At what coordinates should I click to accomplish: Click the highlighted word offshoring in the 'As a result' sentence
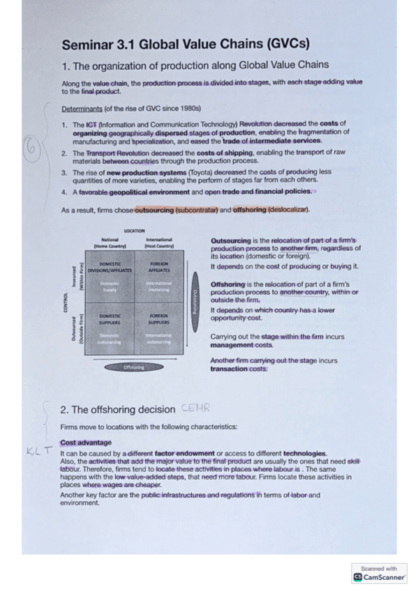(x=252, y=210)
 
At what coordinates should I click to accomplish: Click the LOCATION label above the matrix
(x=134, y=231)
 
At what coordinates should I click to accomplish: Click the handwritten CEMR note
(x=195, y=408)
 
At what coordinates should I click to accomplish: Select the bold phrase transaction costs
(x=239, y=369)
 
